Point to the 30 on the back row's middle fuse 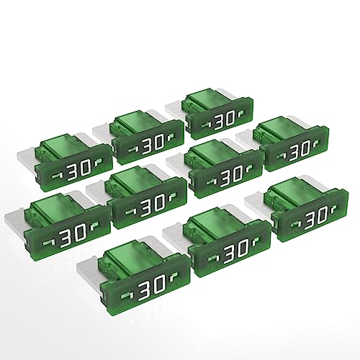coord(147,144)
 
